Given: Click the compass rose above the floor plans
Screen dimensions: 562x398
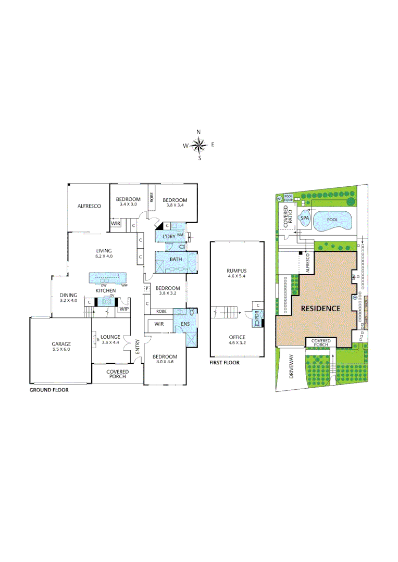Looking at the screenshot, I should click(199, 145).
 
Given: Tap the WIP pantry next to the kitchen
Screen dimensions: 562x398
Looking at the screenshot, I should click(123, 309).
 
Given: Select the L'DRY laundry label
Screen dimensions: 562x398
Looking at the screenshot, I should click(169, 237).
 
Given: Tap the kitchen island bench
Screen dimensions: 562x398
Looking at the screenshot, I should click(109, 278).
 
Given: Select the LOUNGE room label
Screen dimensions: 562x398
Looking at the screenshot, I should click(110, 337).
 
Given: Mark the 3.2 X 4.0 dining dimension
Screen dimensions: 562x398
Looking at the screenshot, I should click(68, 300).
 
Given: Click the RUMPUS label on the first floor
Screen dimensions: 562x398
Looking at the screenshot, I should click(236, 271).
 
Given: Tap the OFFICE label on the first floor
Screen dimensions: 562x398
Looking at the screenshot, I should click(237, 337).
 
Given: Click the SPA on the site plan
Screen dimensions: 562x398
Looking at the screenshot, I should click(305, 219).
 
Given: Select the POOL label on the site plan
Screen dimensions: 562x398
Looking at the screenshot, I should click(332, 220).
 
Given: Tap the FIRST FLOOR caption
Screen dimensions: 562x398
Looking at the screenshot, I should click(225, 363).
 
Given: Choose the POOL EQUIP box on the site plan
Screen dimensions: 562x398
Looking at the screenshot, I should click(288, 198).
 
